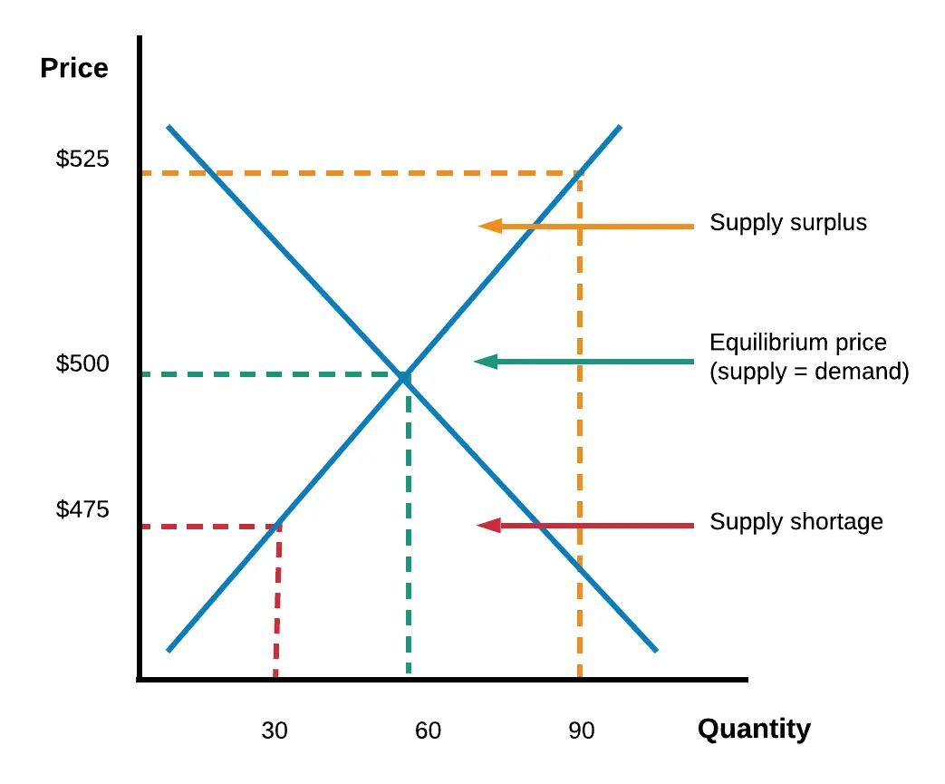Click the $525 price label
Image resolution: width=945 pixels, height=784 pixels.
82,160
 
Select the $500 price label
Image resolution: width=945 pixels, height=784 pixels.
82,363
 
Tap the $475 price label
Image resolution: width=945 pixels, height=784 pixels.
82,509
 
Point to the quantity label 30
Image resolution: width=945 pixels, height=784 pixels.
275,731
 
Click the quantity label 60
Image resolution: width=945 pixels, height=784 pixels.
428,731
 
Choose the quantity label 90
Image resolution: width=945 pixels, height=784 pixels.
582,731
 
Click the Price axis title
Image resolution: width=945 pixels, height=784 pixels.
74,68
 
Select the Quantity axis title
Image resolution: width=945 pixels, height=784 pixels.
754,729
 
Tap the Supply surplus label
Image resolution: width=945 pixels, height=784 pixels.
788,223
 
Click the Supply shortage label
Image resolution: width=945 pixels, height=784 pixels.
796,522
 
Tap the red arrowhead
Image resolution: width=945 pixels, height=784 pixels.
488,525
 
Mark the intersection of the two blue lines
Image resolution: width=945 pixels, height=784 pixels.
404,376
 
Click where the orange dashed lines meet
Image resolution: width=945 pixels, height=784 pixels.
580,173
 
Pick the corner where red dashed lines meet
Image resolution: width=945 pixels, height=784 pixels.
278,527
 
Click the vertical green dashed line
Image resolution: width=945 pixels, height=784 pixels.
409,544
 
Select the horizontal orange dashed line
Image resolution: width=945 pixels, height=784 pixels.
362,173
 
